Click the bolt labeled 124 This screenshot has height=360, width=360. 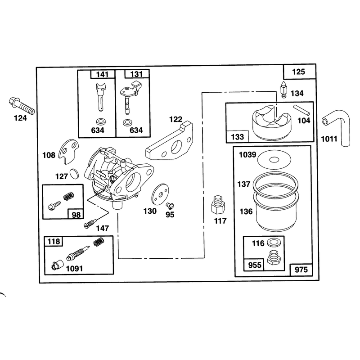click(22, 106)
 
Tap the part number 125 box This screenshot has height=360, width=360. click(299, 72)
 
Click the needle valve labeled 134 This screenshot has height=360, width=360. click(284, 90)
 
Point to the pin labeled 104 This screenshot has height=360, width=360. click(301, 110)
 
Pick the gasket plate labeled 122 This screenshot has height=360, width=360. click(170, 141)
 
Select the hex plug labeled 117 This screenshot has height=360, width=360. click(218, 205)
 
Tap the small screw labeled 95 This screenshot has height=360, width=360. click(170, 205)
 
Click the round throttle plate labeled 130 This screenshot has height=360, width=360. click(160, 195)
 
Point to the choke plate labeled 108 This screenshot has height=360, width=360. click(69, 151)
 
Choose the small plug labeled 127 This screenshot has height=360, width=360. click(74, 173)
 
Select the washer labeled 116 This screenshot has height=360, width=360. click(273, 243)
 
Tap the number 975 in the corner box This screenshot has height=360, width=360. click(301, 269)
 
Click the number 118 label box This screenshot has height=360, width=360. click(54, 241)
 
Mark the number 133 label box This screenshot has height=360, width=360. click(237, 137)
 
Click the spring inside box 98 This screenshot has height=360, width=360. click(69, 196)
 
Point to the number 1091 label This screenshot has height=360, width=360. click(74, 268)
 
